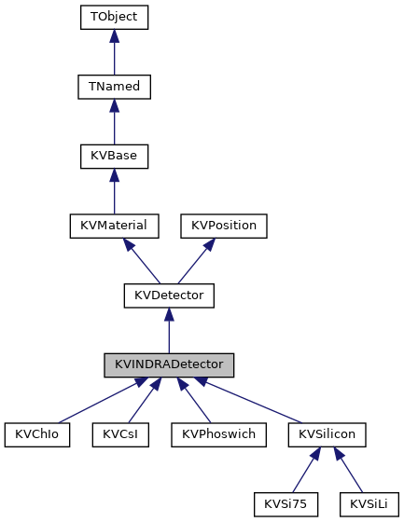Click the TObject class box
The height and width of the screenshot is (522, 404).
(x=114, y=18)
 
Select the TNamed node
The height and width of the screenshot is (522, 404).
(x=114, y=87)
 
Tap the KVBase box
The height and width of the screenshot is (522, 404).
(x=114, y=156)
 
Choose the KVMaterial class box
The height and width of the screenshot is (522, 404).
(x=114, y=226)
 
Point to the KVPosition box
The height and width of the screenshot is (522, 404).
(x=224, y=226)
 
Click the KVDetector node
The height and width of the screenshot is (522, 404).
(x=169, y=295)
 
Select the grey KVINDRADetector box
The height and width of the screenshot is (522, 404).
(x=169, y=364)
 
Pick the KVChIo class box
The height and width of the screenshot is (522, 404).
(x=37, y=434)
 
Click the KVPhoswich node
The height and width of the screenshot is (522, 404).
(x=213, y=434)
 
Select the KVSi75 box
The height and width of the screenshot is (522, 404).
(x=286, y=504)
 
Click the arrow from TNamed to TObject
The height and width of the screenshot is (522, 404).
(x=114, y=52)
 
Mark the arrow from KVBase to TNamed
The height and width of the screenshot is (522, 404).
(x=114, y=121)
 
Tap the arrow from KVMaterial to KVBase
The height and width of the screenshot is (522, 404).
(x=114, y=191)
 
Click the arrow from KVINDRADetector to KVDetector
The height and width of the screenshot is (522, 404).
(x=169, y=330)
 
